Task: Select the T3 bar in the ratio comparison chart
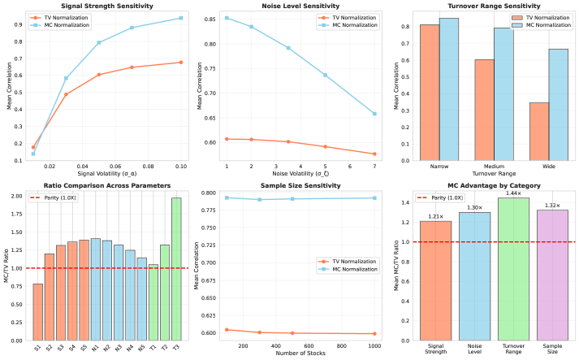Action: pos(176,268)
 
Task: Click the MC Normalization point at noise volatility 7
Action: pos(374,114)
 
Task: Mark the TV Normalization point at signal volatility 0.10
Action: pos(180,63)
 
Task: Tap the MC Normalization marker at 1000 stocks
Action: pos(374,197)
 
